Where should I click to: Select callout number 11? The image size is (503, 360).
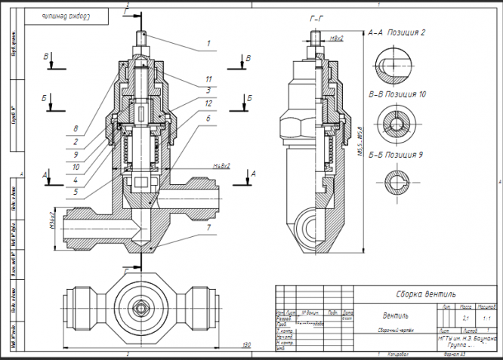207,78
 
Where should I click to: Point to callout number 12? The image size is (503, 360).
207,102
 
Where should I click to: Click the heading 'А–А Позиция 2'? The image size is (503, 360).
397,33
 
